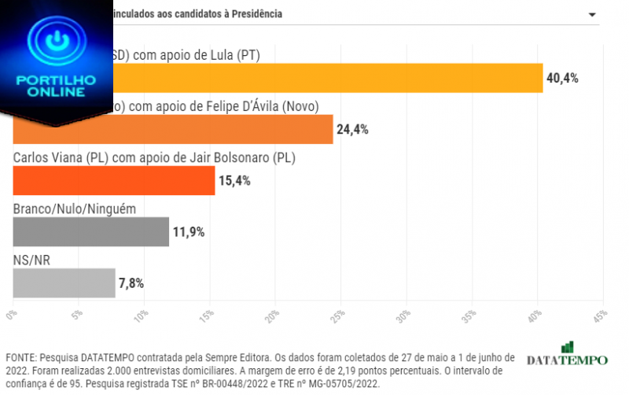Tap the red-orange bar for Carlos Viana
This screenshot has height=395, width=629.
(114, 180)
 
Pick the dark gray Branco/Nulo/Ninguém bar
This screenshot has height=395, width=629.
(91, 231)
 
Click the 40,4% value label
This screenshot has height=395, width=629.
(563, 78)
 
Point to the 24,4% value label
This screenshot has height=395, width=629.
(353, 129)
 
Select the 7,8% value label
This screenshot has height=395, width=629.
(132, 282)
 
